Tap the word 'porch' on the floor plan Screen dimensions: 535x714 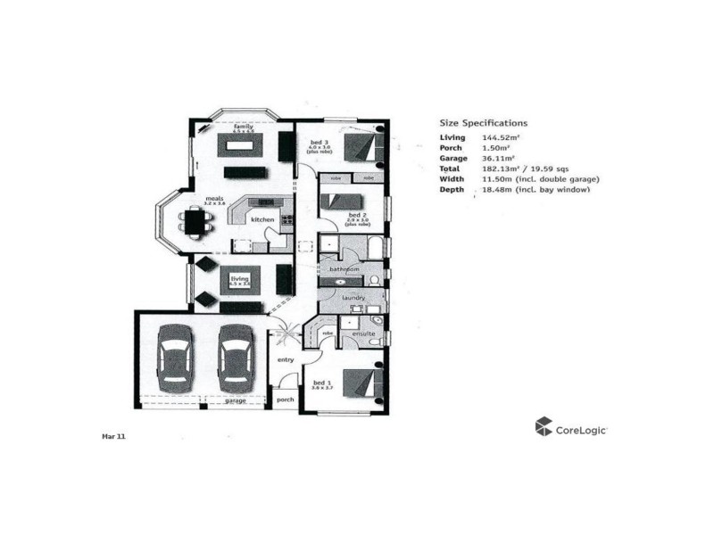[x=286, y=399]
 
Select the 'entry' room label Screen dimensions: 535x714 [x=286, y=359]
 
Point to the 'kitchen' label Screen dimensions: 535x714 [x=262, y=219]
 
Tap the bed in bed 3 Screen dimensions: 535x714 [x=364, y=145]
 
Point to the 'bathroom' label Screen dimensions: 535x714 [x=344, y=268]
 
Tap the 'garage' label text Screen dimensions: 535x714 [x=235, y=401]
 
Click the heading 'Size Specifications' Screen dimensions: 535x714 [x=483, y=123]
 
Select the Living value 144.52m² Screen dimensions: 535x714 [x=502, y=137]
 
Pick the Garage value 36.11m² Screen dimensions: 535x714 [x=500, y=158]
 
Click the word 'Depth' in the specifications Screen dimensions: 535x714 [x=452, y=190]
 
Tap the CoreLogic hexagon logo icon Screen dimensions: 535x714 [x=544, y=427]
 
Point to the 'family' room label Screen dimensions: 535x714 [x=244, y=127]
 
